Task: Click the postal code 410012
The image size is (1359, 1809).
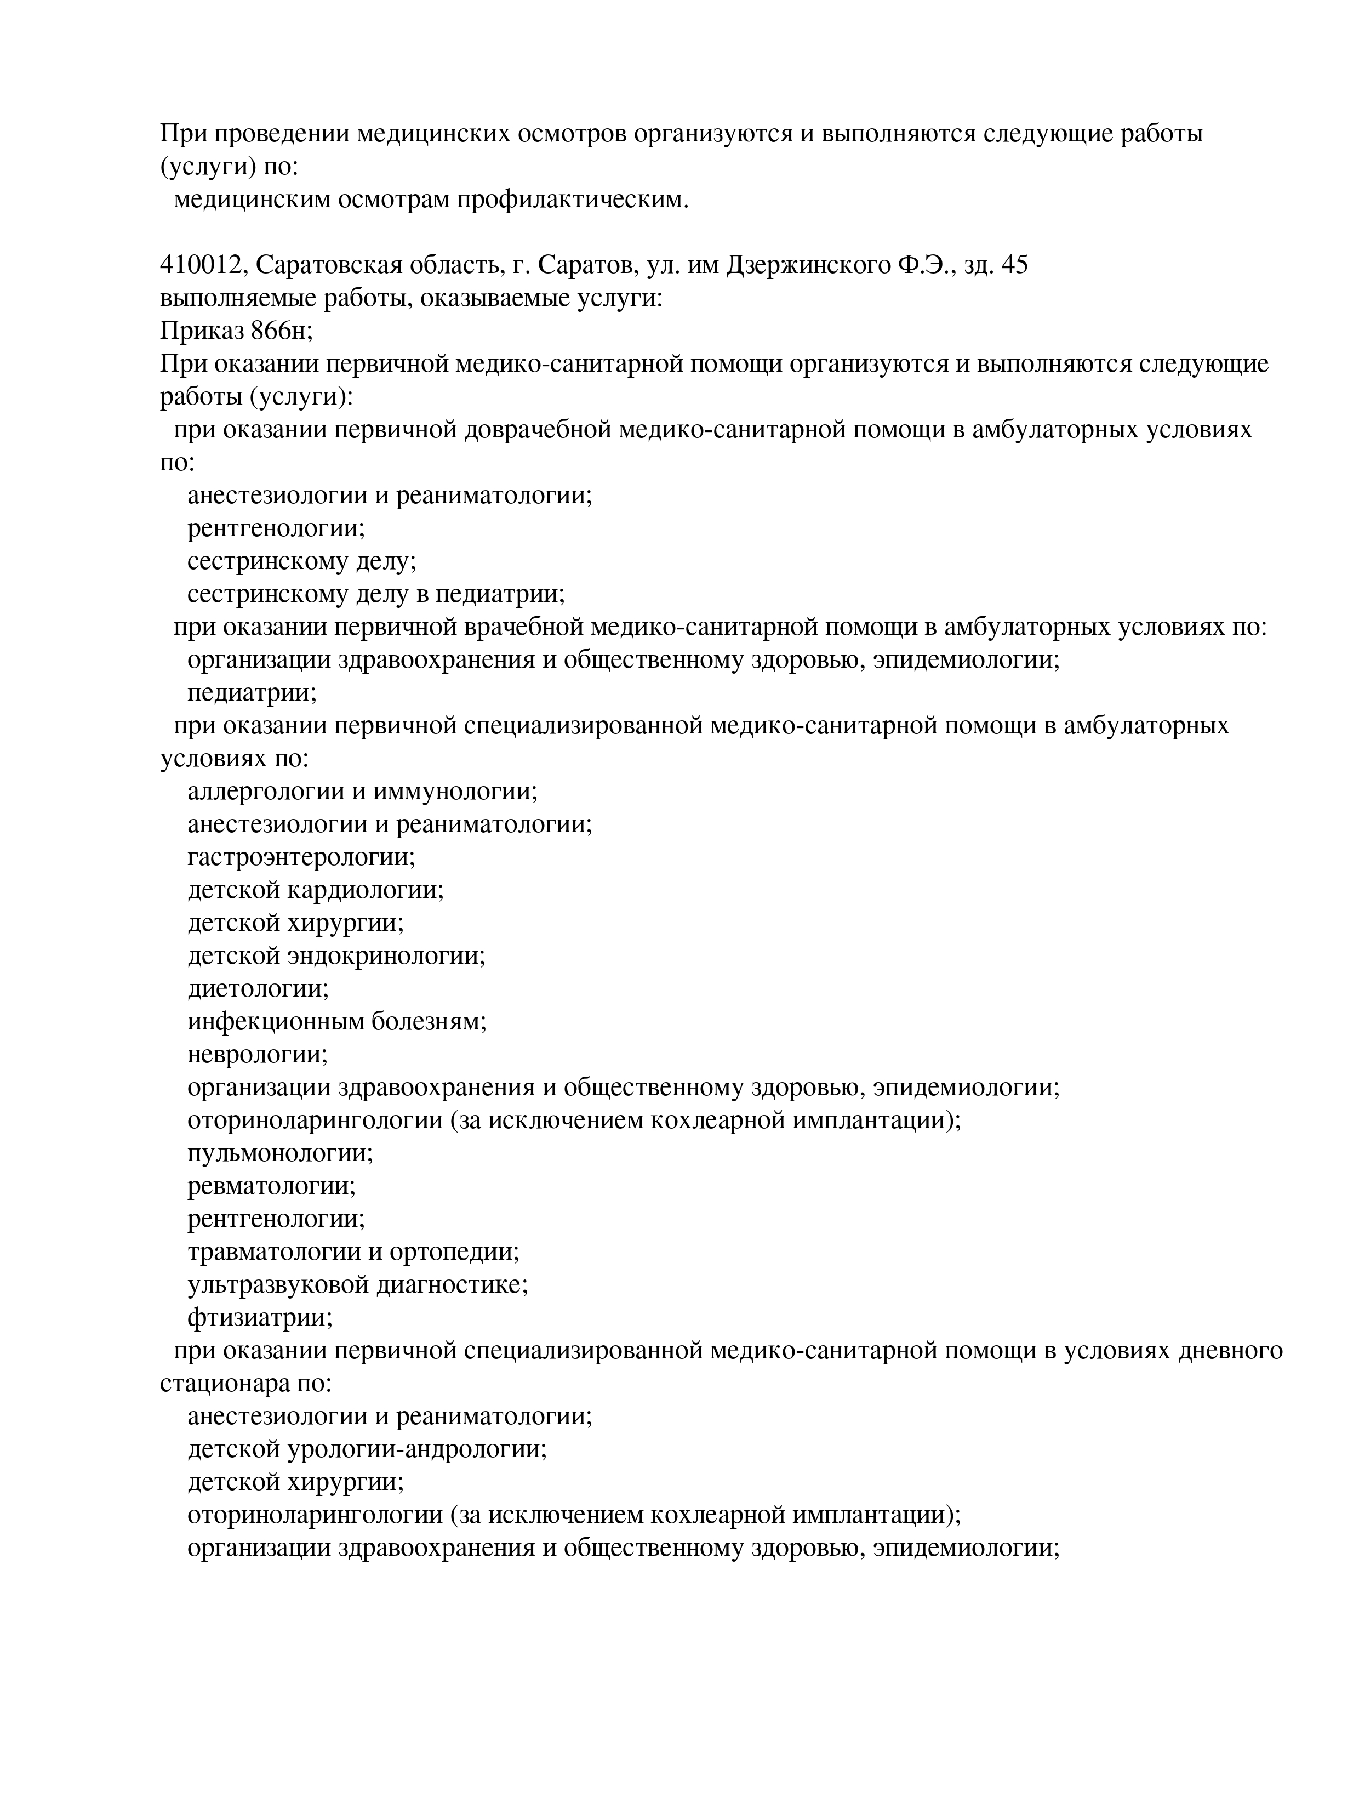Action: tap(201, 265)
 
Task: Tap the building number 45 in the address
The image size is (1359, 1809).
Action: tap(1013, 265)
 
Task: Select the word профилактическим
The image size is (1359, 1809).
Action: tap(573, 200)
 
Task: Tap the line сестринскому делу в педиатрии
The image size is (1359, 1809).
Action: tap(376, 594)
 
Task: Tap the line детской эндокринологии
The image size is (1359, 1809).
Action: tap(336, 955)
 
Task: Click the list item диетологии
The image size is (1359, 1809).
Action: tap(258, 988)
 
